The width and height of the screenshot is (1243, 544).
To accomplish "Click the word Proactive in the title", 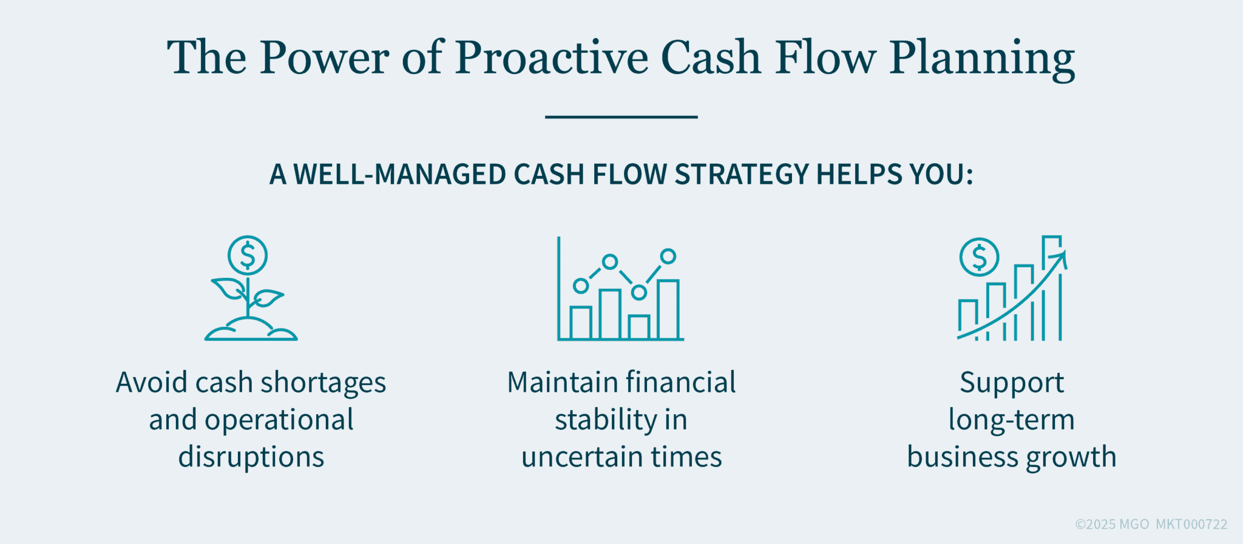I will click(x=551, y=58).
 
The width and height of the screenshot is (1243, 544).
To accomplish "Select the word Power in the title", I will click(x=324, y=58).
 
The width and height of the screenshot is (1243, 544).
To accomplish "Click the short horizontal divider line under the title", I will click(x=621, y=116).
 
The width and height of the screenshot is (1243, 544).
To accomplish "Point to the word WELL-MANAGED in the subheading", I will click(x=401, y=175).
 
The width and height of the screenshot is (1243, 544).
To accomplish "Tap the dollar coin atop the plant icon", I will click(x=248, y=255).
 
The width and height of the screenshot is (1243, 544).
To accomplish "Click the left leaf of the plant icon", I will click(x=227, y=288).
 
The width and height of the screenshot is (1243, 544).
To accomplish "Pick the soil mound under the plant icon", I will click(x=250, y=331).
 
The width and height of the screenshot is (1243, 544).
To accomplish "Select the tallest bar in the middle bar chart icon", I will click(x=668, y=309).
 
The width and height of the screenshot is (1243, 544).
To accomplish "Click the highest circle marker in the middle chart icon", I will click(x=668, y=256).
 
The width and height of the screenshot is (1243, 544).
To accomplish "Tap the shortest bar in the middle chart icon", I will click(x=638, y=327).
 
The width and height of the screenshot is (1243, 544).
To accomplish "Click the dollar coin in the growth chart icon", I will click(x=979, y=257).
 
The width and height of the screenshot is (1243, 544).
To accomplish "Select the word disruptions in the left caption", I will click(x=251, y=457).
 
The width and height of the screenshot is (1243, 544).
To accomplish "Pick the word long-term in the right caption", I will click(x=1011, y=420).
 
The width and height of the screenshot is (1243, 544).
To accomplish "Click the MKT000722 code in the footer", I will click(x=1191, y=525).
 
